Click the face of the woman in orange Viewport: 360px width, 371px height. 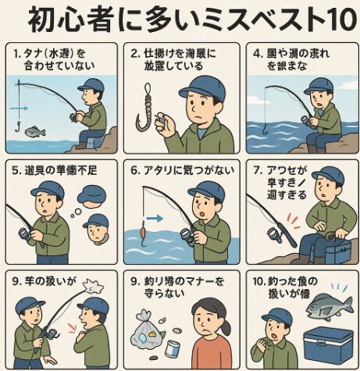coord(210,319)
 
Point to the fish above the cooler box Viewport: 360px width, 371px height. coord(328,307)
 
